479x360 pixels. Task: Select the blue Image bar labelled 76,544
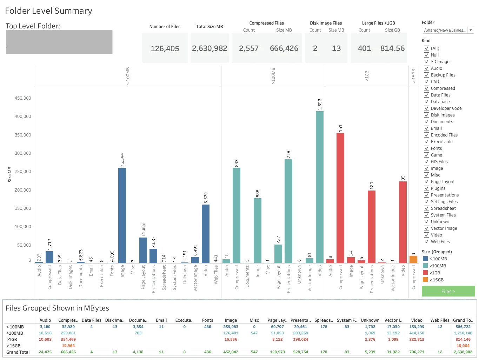pyautogui.click(x=122, y=215)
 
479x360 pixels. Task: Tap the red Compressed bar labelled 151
pyautogui.click(x=340, y=198)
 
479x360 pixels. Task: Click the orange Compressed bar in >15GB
pyautogui.click(x=413, y=259)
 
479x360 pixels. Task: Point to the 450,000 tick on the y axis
pyautogui.click(x=23, y=98)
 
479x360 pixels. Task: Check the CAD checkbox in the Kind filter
pyautogui.click(x=427, y=82)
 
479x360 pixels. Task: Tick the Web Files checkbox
pyautogui.click(x=427, y=242)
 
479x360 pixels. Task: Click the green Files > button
pyautogui.click(x=448, y=291)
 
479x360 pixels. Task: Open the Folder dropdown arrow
pyautogui.click(x=471, y=31)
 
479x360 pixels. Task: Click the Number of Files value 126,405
pyautogui.click(x=165, y=49)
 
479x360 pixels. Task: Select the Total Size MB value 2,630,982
pyautogui.click(x=209, y=48)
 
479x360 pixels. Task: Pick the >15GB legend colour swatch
pyautogui.click(x=425, y=280)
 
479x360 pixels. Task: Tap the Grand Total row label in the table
pyautogui.click(x=18, y=352)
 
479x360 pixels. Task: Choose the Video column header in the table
pyautogui.click(x=417, y=320)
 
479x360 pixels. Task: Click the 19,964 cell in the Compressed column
pyautogui.click(x=68, y=346)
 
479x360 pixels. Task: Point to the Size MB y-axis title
pyautogui.click(x=10, y=174)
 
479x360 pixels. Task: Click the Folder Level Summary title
pyautogui.click(x=49, y=11)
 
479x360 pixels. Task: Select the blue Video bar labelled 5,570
pyautogui.click(x=206, y=234)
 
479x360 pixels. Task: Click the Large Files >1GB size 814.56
pyautogui.click(x=392, y=48)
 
